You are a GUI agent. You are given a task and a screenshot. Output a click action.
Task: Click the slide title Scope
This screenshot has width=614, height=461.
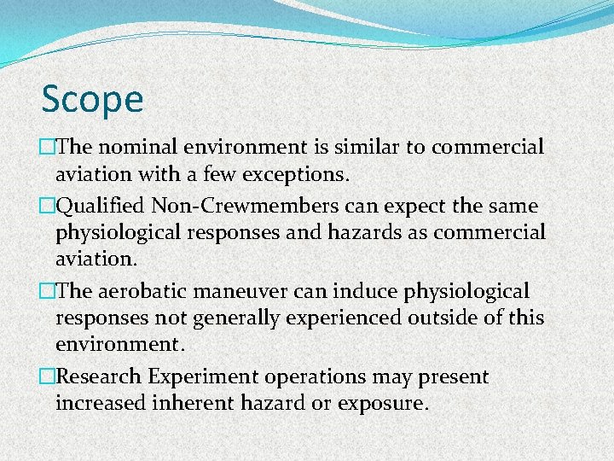[92, 99]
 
